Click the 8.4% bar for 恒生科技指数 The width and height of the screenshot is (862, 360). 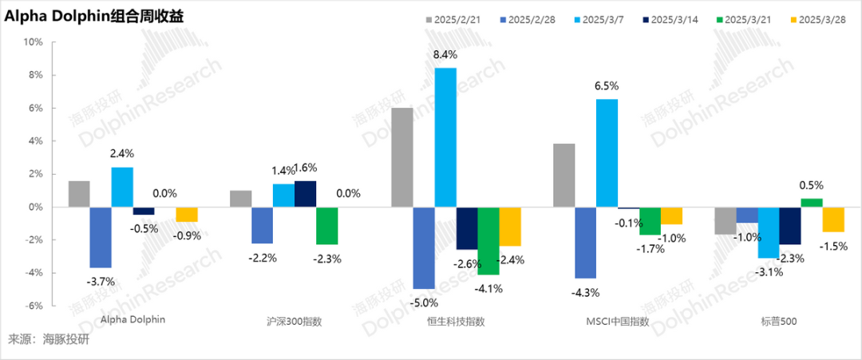445,137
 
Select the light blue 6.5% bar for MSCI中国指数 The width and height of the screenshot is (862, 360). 607,152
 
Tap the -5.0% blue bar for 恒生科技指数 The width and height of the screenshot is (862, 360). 424,247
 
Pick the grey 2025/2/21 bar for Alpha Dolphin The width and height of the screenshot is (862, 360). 79,194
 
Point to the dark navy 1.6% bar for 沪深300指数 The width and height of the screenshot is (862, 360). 305,194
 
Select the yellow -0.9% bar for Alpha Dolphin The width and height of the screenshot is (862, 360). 187,214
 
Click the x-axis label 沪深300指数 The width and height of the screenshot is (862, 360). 295,322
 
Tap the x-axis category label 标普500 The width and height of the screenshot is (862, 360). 778,322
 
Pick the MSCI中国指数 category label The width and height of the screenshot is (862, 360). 617,322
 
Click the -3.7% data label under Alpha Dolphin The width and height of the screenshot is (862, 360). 101,281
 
